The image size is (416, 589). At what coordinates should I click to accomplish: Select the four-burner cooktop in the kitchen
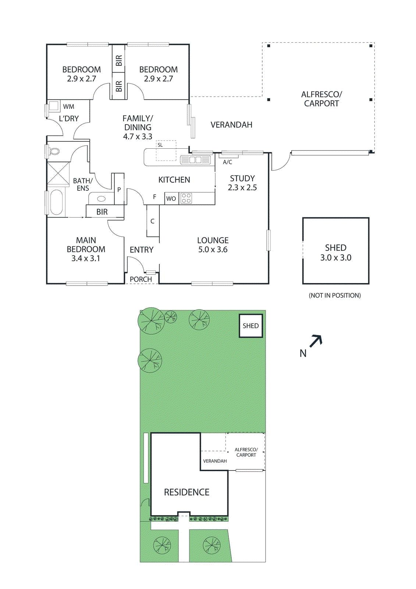coord(186,198)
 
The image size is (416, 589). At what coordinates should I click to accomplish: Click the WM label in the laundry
coord(68,107)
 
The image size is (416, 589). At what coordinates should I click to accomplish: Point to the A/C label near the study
coord(228,162)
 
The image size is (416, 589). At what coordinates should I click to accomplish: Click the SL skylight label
coord(160,145)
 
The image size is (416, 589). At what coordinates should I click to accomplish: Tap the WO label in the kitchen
coord(171,199)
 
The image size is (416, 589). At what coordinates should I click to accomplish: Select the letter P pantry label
coord(119,190)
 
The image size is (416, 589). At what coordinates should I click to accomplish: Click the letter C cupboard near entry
coord(152,221)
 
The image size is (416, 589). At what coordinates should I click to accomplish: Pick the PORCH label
coord(141,279)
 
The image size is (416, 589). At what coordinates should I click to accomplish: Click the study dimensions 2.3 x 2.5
coord(242,187)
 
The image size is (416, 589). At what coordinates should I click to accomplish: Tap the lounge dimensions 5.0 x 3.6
coord(213,250)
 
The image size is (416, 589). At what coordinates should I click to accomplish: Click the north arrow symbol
coord(316,341)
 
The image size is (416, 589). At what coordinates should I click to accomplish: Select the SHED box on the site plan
coord(251,326)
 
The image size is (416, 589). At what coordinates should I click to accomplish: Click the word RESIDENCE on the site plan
coord(186,492)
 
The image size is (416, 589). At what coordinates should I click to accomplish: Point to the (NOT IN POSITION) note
coord(335,295)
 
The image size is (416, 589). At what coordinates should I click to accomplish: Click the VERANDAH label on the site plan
coord(215,461)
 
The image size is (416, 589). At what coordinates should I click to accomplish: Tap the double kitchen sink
coord(195,160)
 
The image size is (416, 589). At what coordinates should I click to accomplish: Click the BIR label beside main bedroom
coord(102,212)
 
